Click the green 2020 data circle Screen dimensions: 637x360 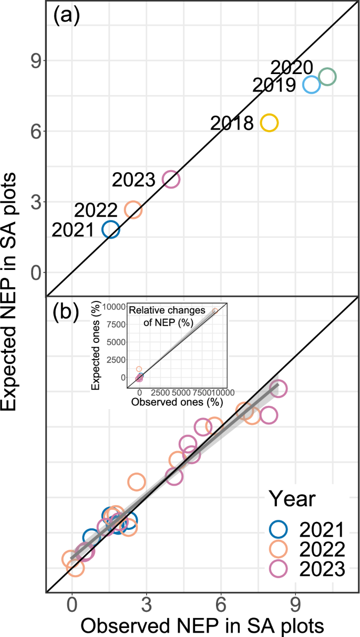[x=327, y=77]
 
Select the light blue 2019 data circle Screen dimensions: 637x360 [x=312, y=85]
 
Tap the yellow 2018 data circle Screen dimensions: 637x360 [x=269, y=123]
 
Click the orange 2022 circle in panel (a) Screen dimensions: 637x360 [x=133, y=210]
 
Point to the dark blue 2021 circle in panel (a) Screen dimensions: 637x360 [x=111, y=229]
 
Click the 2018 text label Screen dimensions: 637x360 [x=232, y=123]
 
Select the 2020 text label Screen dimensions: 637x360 [x=292, y=68]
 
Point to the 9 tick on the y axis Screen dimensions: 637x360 [x=35, y=60]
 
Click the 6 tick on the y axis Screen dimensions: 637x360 [x=35, y=131]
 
